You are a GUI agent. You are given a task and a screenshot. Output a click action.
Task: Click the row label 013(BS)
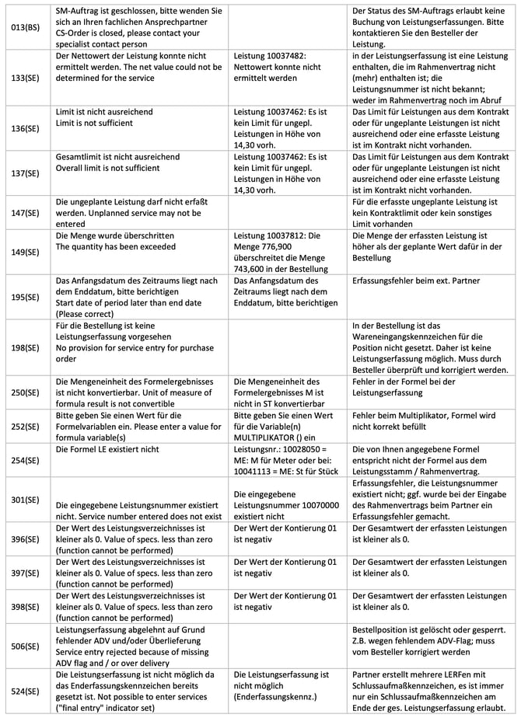(26, 27)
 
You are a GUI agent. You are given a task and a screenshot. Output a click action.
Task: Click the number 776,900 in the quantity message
(272, 246)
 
